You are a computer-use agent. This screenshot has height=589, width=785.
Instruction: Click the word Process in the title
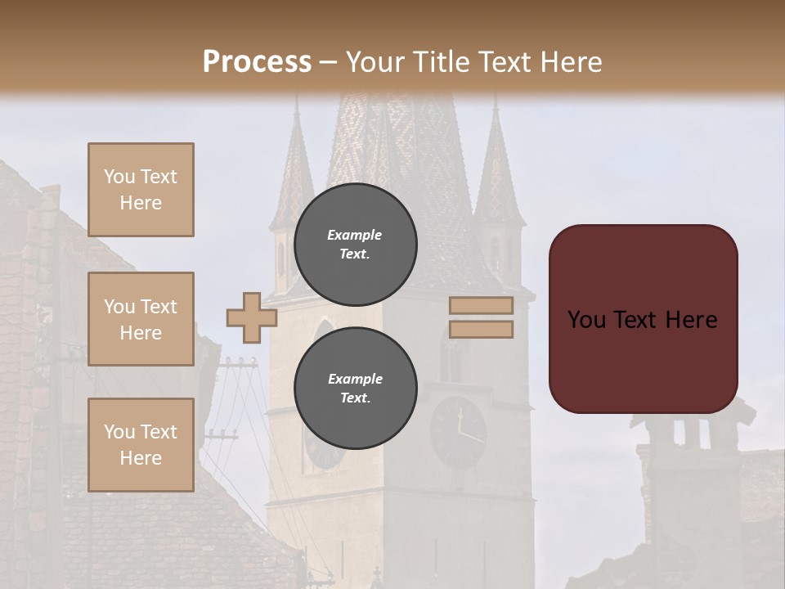tap(257, 62)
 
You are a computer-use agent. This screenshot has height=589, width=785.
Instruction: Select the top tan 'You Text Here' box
tap(141, 190)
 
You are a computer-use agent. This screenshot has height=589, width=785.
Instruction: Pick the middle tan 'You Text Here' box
tap(141, 319)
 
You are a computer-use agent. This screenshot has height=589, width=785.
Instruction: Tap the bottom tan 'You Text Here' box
tap(141, 445)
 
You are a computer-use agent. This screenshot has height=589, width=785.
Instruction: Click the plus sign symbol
tap(251, 317)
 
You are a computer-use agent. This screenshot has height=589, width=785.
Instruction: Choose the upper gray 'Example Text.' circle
tap(355, 245)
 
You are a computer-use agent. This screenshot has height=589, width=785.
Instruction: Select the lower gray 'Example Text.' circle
tap(355, 389)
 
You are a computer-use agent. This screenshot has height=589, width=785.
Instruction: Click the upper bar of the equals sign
tap(481, 305)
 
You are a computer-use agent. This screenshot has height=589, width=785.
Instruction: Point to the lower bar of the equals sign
tap(481, 330)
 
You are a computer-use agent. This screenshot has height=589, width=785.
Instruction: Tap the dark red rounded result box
tap(643, 319)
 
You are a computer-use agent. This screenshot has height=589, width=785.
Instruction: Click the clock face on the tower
tap(458, 432)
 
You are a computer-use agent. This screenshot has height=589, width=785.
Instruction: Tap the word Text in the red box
tap(635, 320)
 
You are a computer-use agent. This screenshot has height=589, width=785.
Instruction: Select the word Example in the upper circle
tap(354, 235)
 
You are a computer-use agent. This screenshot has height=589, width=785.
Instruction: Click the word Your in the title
tap(374, 62)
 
